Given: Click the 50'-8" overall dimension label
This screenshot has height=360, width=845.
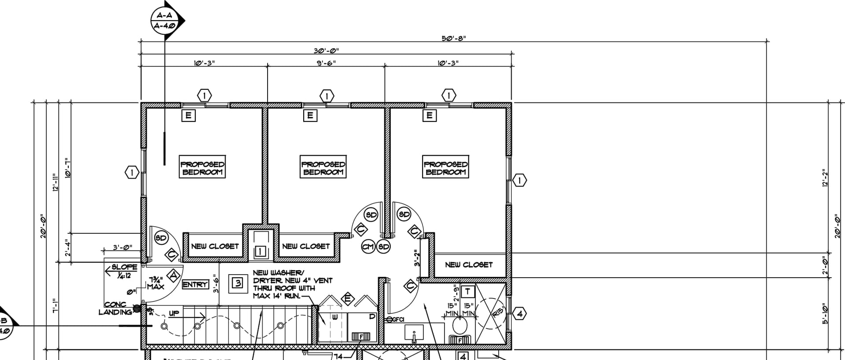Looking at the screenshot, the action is tap(453, 38).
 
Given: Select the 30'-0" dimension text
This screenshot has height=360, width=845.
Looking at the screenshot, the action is tap(326, 51).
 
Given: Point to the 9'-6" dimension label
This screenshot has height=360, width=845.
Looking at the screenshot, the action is tap(326, 63).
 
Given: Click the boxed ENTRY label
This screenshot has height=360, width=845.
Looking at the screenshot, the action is tap(195, 285).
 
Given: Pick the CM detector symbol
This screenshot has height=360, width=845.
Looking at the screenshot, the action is tap(368, 247).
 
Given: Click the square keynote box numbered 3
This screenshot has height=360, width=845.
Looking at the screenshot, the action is tap(237, 283).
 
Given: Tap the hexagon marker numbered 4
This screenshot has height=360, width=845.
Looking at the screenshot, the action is tap(520, 314).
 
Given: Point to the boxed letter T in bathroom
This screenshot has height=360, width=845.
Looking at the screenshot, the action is tap(467, 291).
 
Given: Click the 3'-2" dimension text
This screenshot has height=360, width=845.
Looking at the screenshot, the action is tap(417, 258).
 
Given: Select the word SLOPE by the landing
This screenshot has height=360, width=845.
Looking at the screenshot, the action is tap(125, 267).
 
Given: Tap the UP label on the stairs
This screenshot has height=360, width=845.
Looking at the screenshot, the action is tap(174, 314).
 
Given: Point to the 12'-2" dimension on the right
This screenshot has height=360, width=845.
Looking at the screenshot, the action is tap(826, 178).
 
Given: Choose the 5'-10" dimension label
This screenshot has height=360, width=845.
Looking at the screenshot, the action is tap(826, 314).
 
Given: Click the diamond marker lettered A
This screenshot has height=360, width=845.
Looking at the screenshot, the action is tap(174, 276).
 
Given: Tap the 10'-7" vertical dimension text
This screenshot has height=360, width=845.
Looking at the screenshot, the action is tap(68, 168).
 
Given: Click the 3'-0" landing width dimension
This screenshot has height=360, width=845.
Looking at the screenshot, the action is tap(122, 248).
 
